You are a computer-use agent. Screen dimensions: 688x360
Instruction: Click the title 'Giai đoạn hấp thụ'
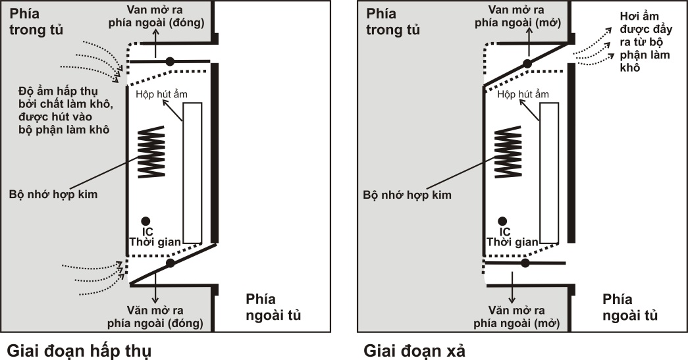tap(80, 351)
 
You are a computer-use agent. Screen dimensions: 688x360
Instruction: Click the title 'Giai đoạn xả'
tap(414, 351)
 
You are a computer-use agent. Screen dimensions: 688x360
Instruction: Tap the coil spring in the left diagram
tap(151, 152)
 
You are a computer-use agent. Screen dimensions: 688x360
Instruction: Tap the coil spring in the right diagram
tap(508, 152)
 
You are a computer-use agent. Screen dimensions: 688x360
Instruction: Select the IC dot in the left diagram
tap(146, 221)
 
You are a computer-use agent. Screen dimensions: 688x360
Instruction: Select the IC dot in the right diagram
tap(502, 221)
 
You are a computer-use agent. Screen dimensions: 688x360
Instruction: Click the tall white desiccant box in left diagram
tap(193, 173)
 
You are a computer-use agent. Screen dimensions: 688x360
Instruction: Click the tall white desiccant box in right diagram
tap(549, 173)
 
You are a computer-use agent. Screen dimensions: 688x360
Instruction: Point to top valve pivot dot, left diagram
tap(170, 61)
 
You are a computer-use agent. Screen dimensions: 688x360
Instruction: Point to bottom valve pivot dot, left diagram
tap(171, 263)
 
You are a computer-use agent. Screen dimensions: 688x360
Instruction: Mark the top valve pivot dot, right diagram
tap(527, 64)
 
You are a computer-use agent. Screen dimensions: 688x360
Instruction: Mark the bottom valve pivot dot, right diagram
tap(525, 263)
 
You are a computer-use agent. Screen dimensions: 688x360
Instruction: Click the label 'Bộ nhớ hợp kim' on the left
tap(53, 194)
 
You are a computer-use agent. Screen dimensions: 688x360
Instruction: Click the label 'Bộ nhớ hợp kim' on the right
tap(407, 195)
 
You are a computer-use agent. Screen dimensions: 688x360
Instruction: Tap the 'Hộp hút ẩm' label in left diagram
tap(161, 94)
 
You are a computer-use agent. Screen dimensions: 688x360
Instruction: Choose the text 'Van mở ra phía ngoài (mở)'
tap(517, 16)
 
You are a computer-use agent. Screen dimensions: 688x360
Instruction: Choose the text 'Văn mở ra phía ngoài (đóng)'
tap(155, 317)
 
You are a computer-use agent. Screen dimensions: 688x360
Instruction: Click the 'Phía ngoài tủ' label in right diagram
tap(629, 307)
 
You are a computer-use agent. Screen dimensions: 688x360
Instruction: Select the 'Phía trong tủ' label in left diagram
tap(36, 22)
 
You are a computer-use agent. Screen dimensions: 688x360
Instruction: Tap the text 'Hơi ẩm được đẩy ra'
tap(645, 29)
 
